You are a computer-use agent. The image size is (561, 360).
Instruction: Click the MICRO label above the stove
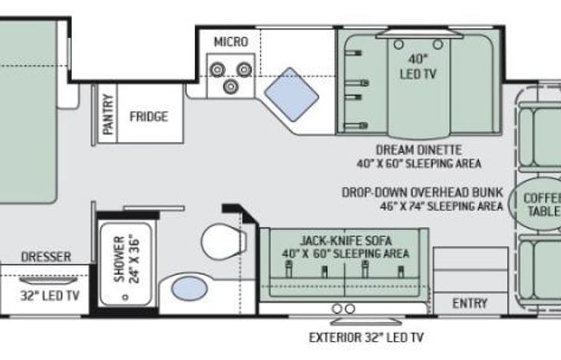[x=231, y=41]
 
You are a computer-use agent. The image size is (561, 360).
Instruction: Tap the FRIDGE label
[x=148, y=117]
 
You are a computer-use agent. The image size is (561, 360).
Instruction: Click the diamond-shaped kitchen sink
[x=292, y=93]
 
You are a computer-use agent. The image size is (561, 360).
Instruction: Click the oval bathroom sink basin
[x=189, y=289]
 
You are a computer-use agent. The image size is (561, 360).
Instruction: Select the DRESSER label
[x=46, y=256]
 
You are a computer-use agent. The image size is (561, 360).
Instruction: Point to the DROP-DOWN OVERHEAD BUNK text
[x=423, y=192]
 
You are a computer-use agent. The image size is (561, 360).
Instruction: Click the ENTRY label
[x=469, y=303]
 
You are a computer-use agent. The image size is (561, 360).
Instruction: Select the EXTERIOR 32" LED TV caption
[x=365, y=336]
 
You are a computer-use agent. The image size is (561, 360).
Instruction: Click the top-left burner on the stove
[x=217, y=70]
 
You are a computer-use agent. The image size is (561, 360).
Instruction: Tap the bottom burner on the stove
[x=231, y=87]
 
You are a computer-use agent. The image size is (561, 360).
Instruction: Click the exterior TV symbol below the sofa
[x=344, y=309]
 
